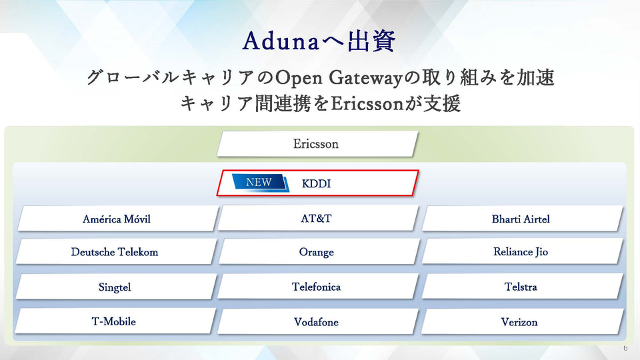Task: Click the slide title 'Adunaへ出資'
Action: (319, 42)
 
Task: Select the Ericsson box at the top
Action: (316, 144)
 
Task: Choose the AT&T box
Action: (316, 219)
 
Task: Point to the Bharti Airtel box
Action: (521, 219)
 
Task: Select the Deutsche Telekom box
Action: (115, 252)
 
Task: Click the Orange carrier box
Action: (316, 253)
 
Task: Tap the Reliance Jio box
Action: (521, 252)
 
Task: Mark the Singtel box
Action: (115, 287)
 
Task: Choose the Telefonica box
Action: (316, 287)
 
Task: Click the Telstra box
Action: (521, 287)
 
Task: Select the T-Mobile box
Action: (114, 321)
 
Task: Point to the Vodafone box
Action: (316, 322)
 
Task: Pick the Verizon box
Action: (519, 322)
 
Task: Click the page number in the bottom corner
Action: (625, 349)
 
